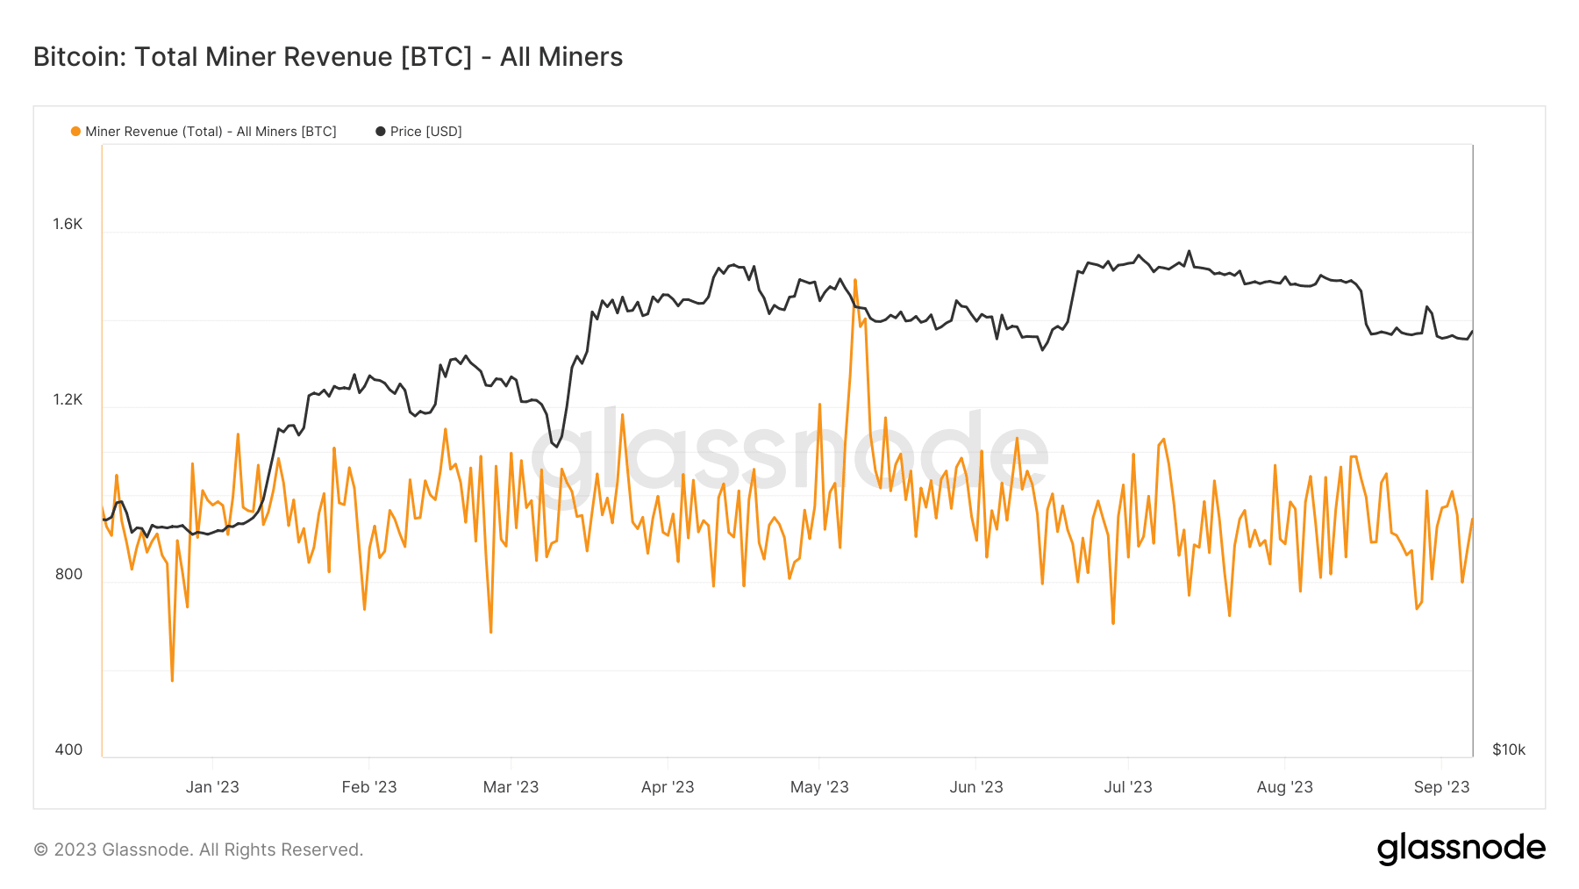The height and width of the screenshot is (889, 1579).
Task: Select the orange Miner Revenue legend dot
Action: (x=75, y=132)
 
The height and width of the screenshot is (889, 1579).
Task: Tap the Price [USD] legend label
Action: (x=425, y=132)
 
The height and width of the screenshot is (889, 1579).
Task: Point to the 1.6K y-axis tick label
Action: (x=68, y=224)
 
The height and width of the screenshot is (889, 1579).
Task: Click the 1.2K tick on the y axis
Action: (x=68, y=399)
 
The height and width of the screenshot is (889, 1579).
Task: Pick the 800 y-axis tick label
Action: (x=68, y=574)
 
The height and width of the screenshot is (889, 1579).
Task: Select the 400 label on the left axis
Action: (x=68, y=749)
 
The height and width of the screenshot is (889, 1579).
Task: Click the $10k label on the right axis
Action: (x=1509, y=749)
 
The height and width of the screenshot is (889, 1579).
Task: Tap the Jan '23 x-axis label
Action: (x=212, y=787)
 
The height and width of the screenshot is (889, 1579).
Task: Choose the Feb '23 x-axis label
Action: (x=369, y=787)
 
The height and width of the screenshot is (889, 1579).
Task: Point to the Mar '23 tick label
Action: (x=511, y=787)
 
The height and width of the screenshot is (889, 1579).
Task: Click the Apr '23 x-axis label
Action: (x=668, y=787)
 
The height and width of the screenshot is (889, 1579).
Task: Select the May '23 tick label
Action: (x=819, y=787)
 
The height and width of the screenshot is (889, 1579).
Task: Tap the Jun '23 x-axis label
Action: (x=976, y=787)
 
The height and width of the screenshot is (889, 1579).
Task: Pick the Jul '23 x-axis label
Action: (x=1128, y=787)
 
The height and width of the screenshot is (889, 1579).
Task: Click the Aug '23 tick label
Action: (x=1284, y=787)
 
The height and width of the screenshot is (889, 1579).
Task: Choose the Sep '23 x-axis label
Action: (x=1441, y=787)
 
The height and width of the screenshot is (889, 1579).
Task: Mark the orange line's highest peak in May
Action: (x=854, y=281)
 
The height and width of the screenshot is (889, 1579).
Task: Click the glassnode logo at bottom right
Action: (x=1461, y=849)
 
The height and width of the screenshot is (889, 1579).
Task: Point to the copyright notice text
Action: (x=198, y=850)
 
